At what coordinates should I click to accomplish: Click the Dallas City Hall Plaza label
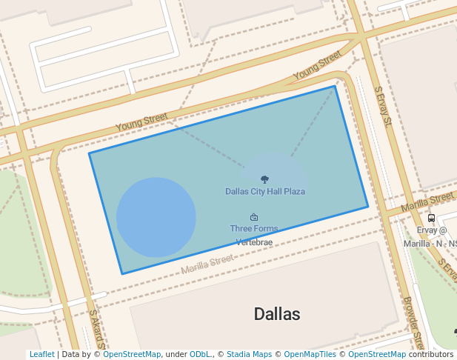click(x=265, y=191)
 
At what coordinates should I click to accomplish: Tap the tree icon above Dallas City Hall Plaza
click(x=265, y=179)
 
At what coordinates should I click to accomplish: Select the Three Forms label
click(x=254, y=228)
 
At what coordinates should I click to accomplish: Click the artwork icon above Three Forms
click(x=254, y=217)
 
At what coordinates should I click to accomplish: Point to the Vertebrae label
click(x=254, y=241)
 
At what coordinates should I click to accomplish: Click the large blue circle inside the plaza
click(x=156, y=217)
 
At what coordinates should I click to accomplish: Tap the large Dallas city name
click(x=277, y=313)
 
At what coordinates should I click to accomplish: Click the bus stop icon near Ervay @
click(x=432, y=218)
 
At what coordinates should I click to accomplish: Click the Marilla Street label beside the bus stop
click(x=427, y=201)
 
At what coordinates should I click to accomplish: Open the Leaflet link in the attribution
click(x=41, y=354)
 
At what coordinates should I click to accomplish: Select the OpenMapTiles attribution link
click(x=307, y=354)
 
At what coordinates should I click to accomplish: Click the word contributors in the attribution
click(x=431, y=354)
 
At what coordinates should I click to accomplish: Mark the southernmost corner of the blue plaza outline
click(x=122, y=274)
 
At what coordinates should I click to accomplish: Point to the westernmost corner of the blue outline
click(x=90, y=153)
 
